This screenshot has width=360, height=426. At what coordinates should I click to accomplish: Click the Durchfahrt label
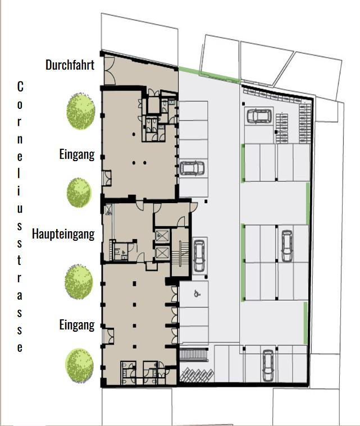70,65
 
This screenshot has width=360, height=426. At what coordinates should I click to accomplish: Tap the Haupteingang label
63,233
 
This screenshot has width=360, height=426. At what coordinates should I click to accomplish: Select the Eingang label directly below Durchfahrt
76,154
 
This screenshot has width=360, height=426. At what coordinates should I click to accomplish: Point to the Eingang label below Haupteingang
76,325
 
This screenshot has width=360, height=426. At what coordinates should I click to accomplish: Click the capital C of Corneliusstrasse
20,87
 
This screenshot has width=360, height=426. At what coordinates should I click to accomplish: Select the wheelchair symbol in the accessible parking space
196,292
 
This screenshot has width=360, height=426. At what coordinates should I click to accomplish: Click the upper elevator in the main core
162,235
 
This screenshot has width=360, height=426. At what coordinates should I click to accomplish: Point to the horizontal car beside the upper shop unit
192,168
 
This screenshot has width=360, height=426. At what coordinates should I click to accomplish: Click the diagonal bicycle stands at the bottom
195,374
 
